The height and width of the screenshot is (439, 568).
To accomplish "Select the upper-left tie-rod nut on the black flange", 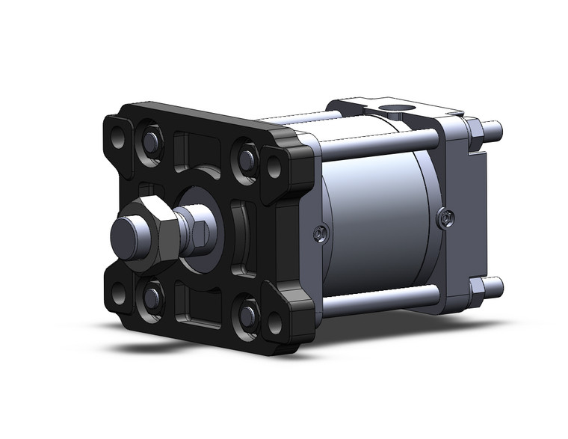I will pos(151,141).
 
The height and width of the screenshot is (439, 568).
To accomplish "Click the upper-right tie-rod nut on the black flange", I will pos(246,158).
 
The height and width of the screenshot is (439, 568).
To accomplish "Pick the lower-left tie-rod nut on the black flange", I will pos(152,297).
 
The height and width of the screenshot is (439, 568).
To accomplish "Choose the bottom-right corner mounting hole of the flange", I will pos(274,323).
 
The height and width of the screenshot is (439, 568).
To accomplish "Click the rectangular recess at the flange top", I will pos(196,148).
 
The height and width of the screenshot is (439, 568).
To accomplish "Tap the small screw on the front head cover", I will pos(319,235).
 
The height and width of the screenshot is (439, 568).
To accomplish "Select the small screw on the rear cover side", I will pos(445,218).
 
